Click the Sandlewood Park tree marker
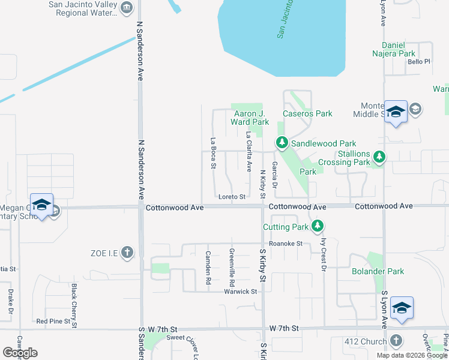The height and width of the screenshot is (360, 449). point(282,143)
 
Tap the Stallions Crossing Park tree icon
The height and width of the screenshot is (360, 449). point(379,157)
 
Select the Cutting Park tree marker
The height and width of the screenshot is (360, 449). point(318,226)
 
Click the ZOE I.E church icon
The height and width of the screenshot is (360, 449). point(127,252)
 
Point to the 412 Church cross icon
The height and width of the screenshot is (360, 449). point(396,341)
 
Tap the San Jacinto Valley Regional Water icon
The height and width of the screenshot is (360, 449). point(127,7)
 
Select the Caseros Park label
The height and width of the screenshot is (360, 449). point(307,113)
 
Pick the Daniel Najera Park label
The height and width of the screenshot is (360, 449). point(406,49)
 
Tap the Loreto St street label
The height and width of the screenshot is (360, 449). point(232,197)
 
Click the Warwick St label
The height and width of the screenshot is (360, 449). point(241,292)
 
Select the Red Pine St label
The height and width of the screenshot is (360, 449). point(53,322)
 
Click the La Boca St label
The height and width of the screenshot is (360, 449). point(213,154)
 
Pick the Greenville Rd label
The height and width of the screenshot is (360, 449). point(232,267)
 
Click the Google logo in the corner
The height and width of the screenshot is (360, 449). point(20,353)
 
